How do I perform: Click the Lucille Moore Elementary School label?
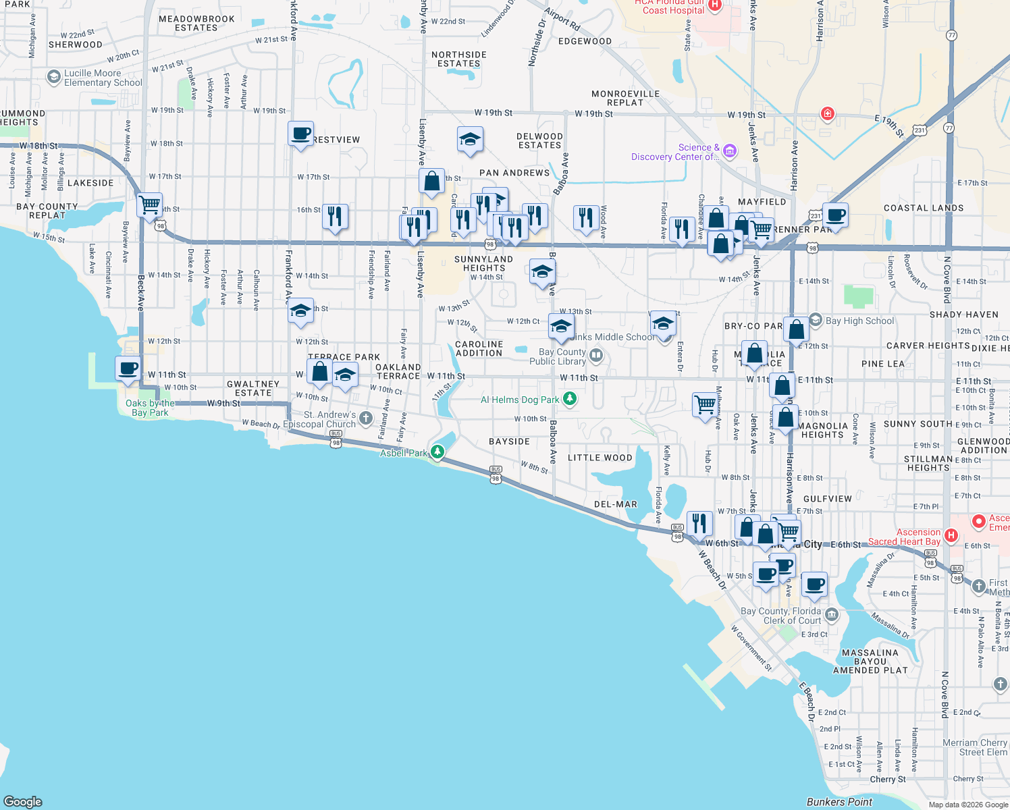(x=103, y=78)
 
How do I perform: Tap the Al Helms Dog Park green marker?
(x=570, y=399)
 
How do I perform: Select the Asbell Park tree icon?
(x=437, y=452)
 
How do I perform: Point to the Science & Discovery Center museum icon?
(x=729, y=151)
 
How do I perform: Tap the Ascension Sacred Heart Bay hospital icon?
(x=951, y=536)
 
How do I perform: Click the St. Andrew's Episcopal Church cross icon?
(x=366, y=418)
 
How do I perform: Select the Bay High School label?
(x=859, y=321)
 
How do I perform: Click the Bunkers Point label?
(x=839, y=802)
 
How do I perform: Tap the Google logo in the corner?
(x=23, y=802)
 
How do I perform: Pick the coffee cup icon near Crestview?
(x=300, y=134)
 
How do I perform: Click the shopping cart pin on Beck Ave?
(x=149, y=204)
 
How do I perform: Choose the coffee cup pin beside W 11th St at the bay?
(x=128, y=369)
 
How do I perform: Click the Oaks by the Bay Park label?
(x=150, y=408)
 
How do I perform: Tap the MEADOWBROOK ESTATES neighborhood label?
(x=196, y=24)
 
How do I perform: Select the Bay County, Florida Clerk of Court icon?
(x=832, y=614)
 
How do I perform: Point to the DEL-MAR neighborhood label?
(x=615, y=504)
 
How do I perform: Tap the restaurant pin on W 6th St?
(x=699, y=523)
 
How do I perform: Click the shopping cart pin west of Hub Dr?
(x=705, y=404)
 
